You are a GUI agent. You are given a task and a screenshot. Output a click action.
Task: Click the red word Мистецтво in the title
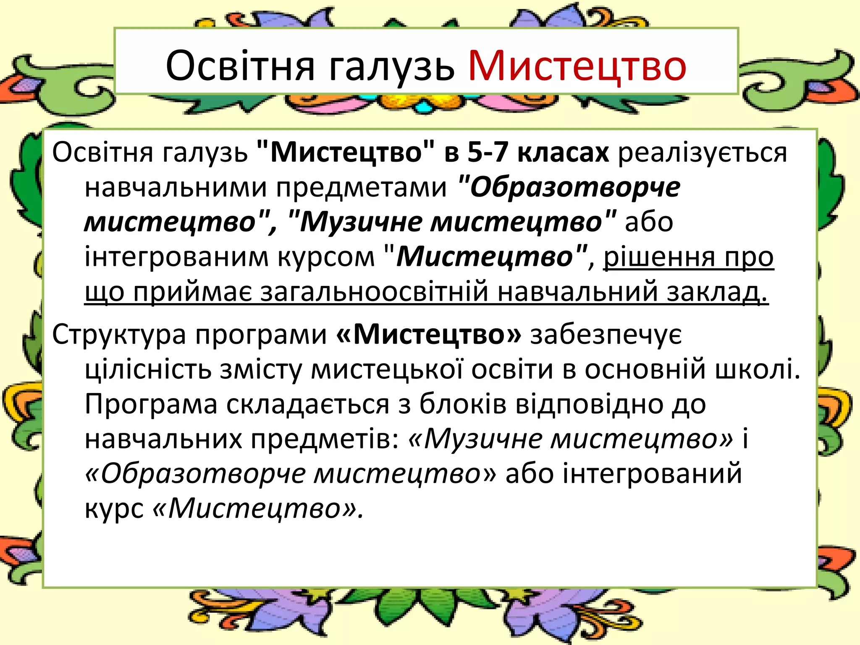click(x=577, y=66)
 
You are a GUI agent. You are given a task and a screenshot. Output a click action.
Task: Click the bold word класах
click(x=563, y=152)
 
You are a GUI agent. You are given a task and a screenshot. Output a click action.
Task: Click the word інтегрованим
click(x=176, y=257)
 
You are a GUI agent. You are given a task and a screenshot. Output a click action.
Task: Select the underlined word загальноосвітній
click(x=375, y=292)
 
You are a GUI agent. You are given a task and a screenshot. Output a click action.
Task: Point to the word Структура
click(x=119, y=335)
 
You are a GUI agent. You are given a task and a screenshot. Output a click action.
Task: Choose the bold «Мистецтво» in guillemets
click(x=429, y=334)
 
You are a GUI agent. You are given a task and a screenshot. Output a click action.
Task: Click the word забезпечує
click(x=606, y=335)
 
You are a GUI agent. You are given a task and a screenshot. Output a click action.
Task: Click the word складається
click(x=308, y=404)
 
